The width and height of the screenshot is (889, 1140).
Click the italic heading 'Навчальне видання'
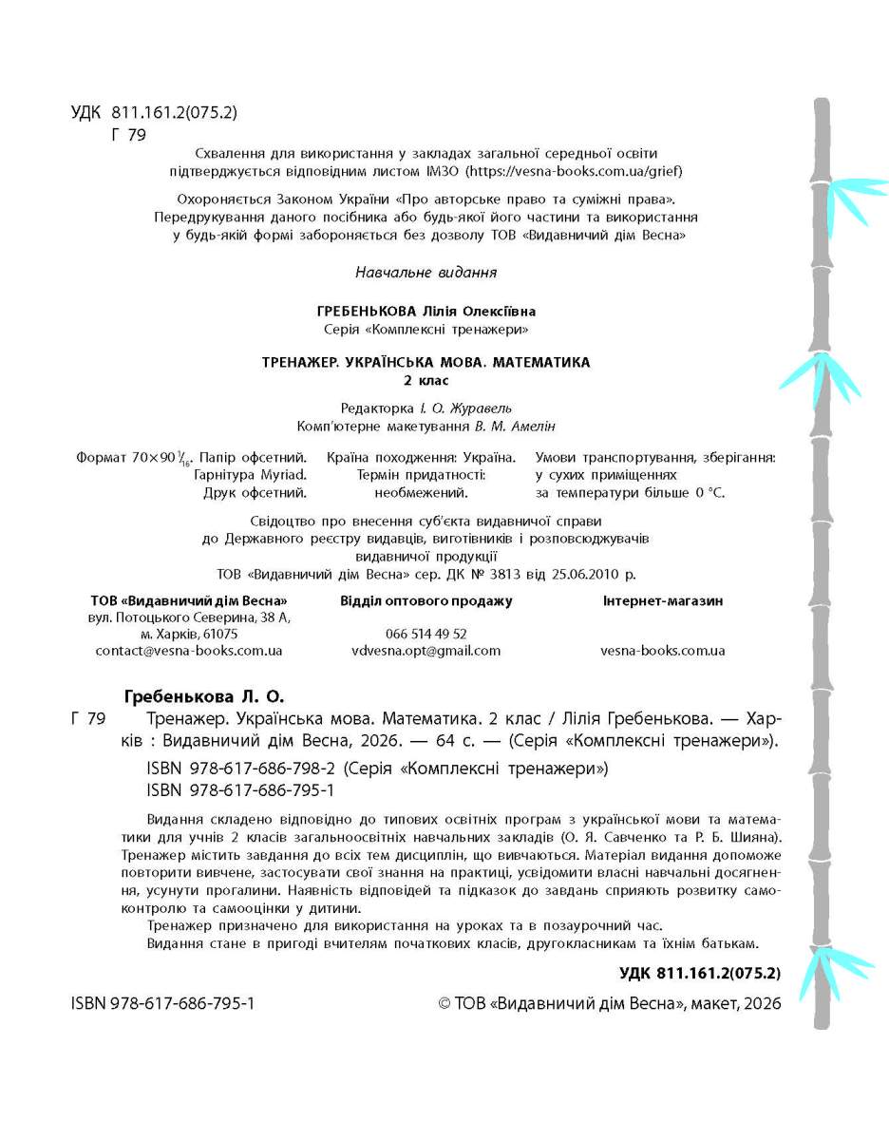426,273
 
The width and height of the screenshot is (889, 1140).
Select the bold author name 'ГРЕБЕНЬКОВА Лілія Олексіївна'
426,312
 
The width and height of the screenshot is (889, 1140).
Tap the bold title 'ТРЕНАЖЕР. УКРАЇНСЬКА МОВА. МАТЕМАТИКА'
426,362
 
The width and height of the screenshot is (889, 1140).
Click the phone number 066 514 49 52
426,634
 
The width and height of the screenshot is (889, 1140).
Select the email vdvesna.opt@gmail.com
426,651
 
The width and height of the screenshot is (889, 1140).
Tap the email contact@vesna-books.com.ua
189,651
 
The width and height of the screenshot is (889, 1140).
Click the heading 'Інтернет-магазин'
663,600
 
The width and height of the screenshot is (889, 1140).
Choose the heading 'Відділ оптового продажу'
426,600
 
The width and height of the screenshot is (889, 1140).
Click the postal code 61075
220,634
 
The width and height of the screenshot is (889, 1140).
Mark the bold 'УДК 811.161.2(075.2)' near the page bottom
699,973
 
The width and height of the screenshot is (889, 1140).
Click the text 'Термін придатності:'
421,475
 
